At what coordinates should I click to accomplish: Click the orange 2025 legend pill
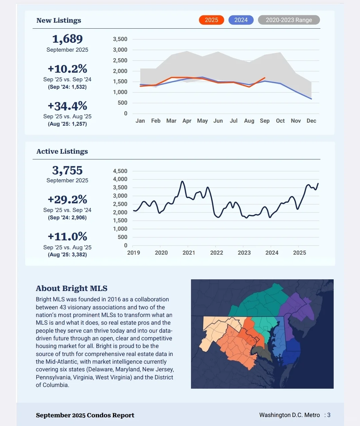[211, 20]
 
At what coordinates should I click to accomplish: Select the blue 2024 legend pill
[241, 20]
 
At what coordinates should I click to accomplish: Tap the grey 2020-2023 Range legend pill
[289, 20]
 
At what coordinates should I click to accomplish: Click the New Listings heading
[59, 20]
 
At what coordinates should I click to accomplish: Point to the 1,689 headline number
[67, 39]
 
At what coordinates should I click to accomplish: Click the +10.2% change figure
[67, 69]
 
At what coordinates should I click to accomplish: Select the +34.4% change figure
[67, 106]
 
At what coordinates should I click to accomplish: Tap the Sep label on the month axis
[265, 121]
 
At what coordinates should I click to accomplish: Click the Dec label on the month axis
[311, 121]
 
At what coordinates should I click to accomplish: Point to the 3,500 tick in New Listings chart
[120, 39]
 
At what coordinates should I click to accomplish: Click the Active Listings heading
[62, 151]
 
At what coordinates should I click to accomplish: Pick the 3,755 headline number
[67, 170]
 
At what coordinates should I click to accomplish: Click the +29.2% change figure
[67, 199]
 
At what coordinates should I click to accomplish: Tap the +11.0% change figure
[67, 236]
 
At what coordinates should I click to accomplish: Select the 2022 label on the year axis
[217, 253]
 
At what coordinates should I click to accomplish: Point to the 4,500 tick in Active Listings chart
[120, 171]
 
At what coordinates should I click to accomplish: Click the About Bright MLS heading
[72, 288]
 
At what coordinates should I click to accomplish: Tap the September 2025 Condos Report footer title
[85, 415]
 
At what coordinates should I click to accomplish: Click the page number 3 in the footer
[329, 415]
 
